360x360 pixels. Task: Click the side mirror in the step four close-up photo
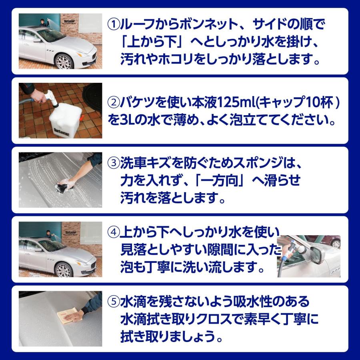[x=320, y=255]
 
